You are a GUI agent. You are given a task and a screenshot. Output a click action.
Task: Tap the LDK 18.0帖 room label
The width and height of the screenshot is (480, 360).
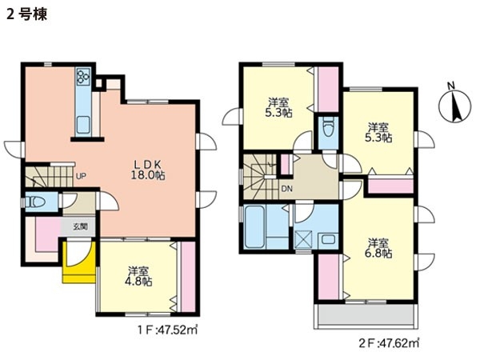148,170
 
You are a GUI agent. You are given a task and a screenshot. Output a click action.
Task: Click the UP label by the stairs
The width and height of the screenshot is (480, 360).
81,176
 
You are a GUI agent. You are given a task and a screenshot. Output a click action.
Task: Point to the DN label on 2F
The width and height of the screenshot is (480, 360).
287,189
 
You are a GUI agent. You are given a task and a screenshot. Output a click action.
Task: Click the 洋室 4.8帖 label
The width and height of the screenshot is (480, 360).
138,276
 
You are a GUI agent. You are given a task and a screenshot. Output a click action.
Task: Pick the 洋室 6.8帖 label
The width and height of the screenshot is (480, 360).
378,248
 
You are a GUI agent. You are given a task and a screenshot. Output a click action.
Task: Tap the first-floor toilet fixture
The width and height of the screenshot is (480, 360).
36,202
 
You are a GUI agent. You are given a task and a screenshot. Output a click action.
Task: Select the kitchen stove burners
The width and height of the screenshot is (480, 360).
83,76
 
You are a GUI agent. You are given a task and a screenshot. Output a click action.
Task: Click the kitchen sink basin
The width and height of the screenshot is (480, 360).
83,125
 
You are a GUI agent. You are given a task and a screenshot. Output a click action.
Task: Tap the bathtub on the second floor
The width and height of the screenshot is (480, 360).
254,227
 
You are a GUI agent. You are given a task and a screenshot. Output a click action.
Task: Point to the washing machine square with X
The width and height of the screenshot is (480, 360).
303,240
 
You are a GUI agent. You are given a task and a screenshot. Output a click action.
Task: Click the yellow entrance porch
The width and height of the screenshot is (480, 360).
79,262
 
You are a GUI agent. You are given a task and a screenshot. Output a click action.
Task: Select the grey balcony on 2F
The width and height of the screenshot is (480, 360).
366,316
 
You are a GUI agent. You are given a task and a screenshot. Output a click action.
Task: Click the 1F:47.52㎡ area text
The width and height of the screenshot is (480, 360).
167,330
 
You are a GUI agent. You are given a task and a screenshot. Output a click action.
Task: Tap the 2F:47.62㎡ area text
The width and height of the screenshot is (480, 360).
389,343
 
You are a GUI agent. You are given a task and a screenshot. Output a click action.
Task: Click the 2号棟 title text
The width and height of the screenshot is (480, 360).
27,14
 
